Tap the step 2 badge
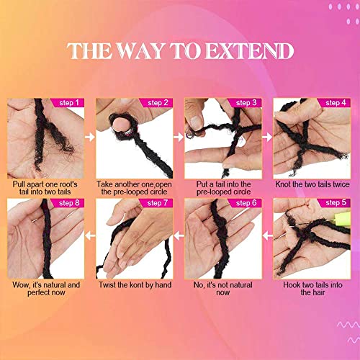(x=157, y=103)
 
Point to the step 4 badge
(x=334, y=103)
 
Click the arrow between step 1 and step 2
(x=90, y=135)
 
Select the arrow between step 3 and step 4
(x=268, y=135)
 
